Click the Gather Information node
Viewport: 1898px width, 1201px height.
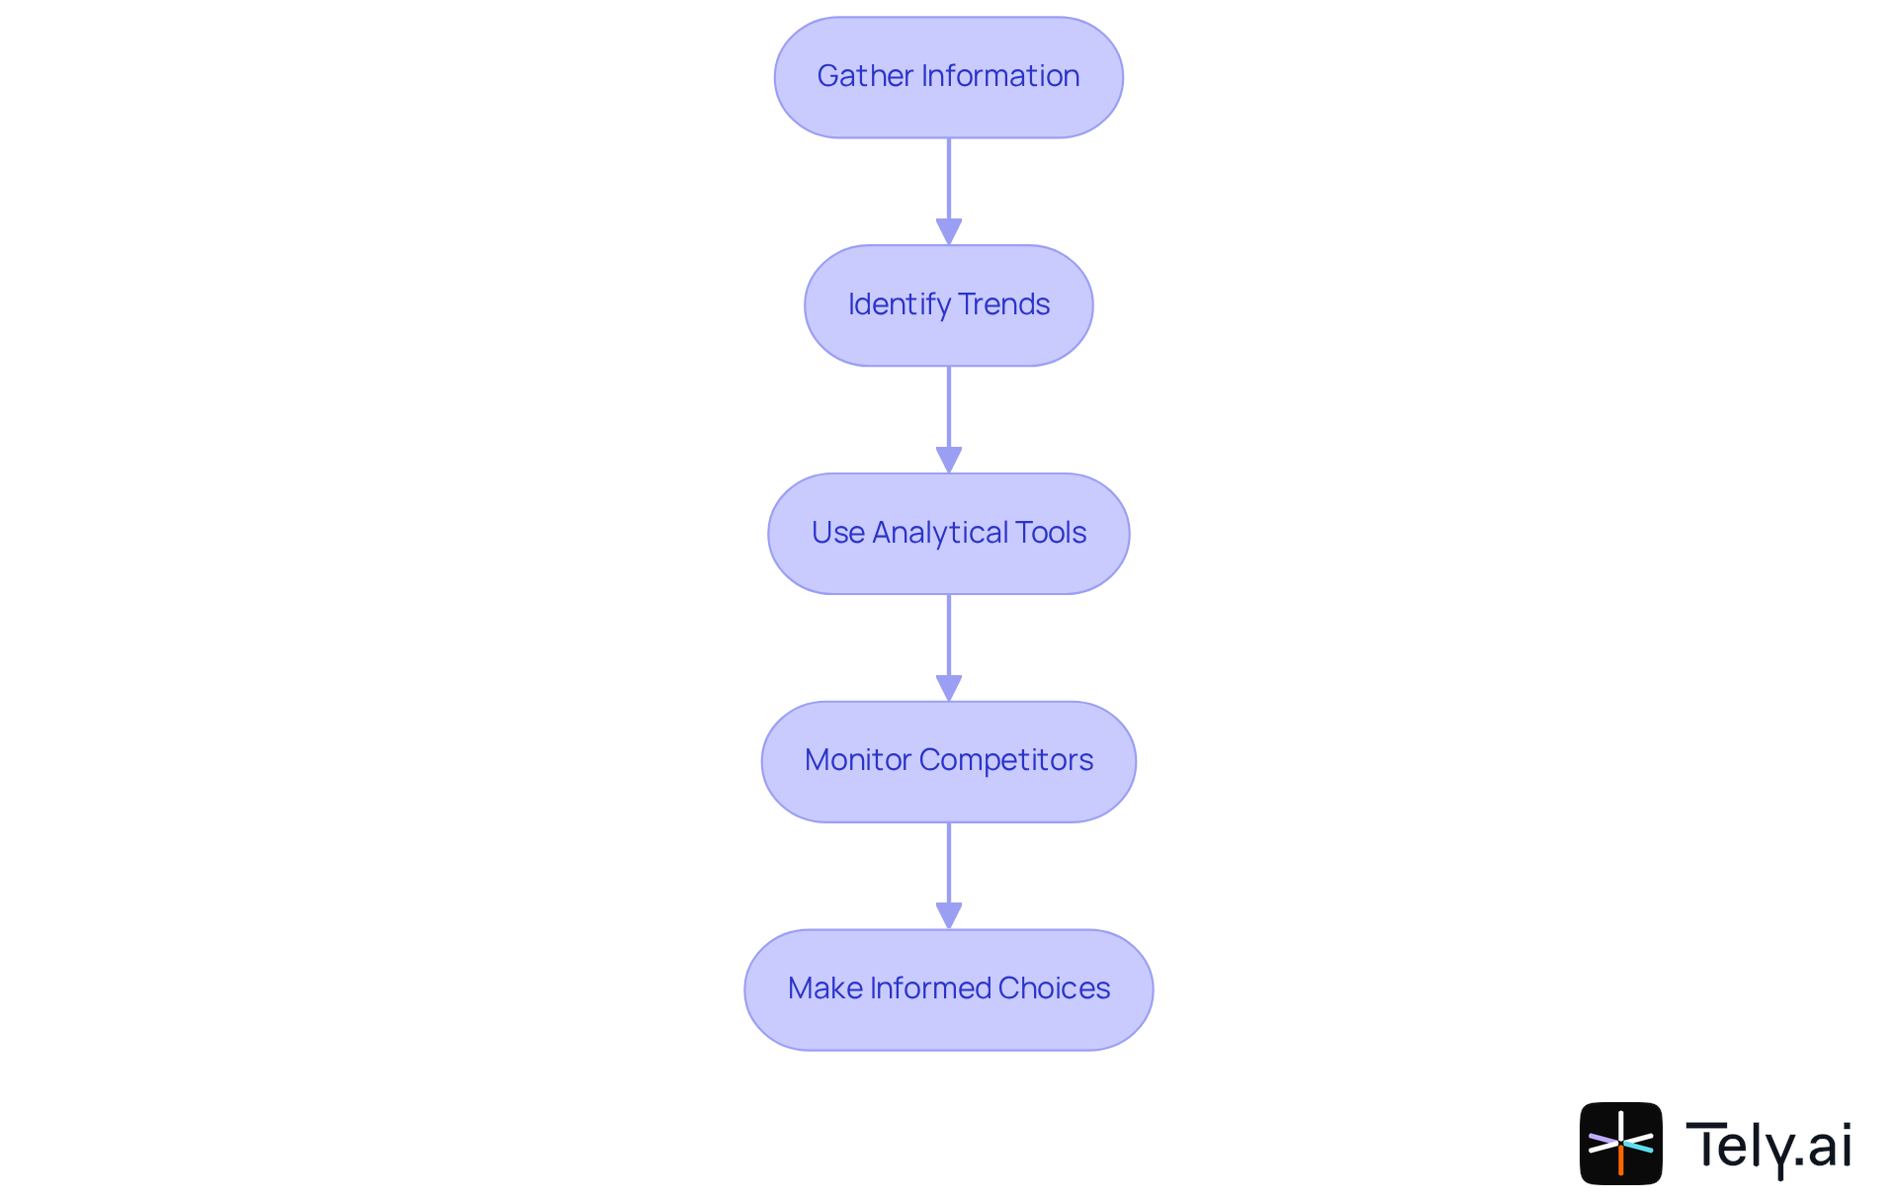948,77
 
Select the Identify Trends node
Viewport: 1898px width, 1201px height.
948,305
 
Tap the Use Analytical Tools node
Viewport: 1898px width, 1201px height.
948,534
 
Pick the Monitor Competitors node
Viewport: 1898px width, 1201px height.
948,761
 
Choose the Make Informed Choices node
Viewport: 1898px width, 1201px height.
948,989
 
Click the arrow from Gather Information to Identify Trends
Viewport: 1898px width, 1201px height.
949,183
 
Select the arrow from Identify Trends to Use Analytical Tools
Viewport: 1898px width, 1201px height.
949,410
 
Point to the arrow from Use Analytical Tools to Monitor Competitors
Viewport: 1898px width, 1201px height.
949,639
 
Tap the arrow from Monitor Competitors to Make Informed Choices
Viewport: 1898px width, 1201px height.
949,866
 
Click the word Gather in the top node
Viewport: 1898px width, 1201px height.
865,76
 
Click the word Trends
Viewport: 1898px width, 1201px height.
1003,304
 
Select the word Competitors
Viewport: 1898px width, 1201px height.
1005,760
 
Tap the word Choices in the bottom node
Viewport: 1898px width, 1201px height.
1054,988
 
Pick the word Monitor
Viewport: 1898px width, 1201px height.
857,760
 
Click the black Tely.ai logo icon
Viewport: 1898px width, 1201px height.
1620,1144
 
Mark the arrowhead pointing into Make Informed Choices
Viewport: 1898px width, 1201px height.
949,915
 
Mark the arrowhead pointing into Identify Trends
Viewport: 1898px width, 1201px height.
949,231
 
